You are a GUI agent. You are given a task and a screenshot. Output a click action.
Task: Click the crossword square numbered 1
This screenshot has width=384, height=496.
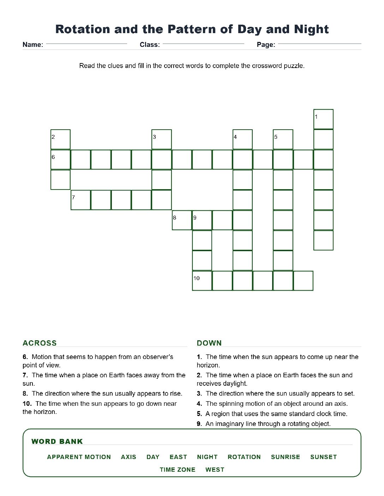(x=323, y=119)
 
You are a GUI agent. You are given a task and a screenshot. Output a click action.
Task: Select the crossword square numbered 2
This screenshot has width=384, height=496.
(x=60, y=139)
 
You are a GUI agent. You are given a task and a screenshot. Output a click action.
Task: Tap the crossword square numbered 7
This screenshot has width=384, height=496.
(x=81, y=200)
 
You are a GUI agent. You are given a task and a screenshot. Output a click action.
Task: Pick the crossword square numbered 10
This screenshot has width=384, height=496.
(x=202, y=281)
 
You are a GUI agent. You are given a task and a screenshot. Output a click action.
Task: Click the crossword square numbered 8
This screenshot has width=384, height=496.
(x=182, y=220)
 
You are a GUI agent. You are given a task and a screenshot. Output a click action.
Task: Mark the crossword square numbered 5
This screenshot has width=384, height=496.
(x=283, y=139)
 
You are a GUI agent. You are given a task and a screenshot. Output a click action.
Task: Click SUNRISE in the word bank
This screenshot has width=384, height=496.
(x=286, y=457)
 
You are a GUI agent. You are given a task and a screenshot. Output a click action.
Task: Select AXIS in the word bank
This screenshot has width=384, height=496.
(x=128, y=457)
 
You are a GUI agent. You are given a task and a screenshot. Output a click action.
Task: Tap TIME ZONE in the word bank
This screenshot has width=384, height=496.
(x=178, y=470)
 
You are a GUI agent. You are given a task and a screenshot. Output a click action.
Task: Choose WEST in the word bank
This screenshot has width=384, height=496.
(x=215, y=470)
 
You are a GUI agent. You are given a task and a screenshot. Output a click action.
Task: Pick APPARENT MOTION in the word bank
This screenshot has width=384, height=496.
(x=79, y=457)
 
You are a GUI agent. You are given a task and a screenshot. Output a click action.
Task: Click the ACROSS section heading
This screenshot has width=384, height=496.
(x=40, y=343)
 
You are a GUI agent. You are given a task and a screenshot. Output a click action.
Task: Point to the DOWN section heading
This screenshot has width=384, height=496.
(x=209, y=343)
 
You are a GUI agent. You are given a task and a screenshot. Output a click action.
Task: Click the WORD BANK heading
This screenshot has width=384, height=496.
(x=57, y=441)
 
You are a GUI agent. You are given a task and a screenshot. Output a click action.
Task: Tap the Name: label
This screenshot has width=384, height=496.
(x=33, y=44)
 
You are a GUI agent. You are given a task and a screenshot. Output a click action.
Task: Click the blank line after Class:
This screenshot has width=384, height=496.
(x=203, y=44)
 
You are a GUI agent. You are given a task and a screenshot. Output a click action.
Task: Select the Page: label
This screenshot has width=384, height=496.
(x=266, y=44)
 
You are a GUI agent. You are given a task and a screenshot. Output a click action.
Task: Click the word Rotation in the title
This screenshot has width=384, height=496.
(x=83, y=29)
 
